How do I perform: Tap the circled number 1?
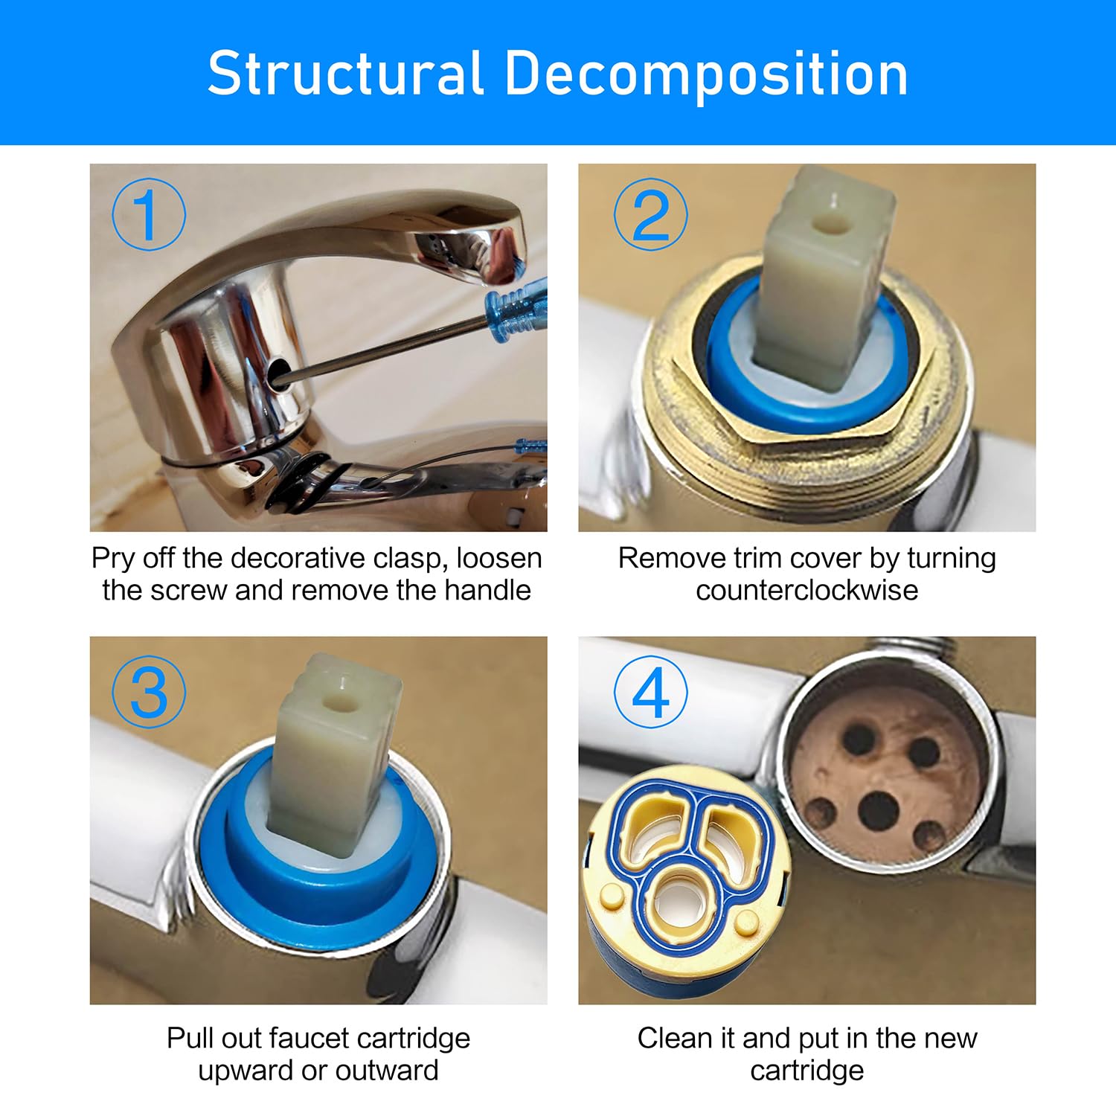coord(148,214)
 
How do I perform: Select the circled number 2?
coord(650,214)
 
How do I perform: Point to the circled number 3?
coord(148,692)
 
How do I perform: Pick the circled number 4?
coord(650,692)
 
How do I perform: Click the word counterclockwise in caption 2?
coord(807,590)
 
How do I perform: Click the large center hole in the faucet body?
coord(879,811)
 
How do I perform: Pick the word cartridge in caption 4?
coord(807,1071)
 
